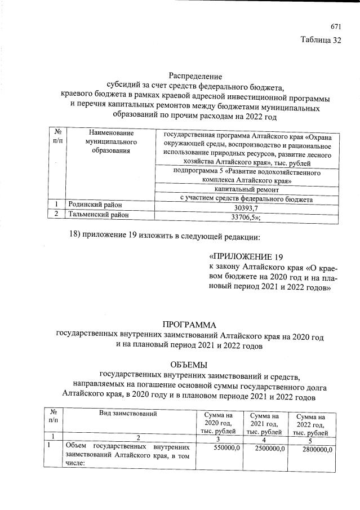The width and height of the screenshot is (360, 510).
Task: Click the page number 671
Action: tap(336, 26)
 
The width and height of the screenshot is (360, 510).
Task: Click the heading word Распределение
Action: tap(195, 76)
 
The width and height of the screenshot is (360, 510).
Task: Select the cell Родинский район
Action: tap(95, 204)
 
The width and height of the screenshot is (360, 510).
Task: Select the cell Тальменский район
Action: tap(97, 214)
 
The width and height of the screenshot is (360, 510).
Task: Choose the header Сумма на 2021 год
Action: tap(262, 423)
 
